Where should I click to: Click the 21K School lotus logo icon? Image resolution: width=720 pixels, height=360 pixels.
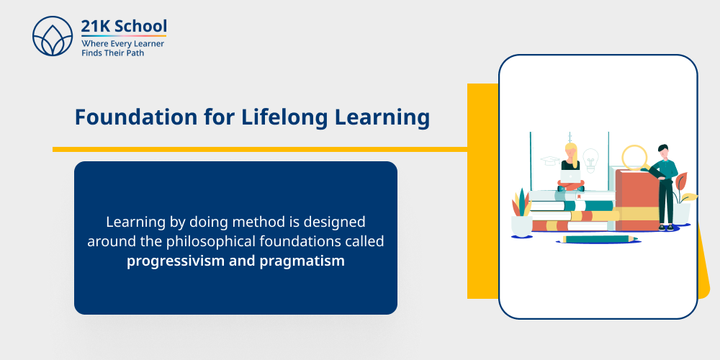53,36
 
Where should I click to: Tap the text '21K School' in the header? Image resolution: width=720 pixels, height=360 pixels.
124,26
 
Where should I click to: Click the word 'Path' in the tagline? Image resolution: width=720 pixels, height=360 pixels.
134,53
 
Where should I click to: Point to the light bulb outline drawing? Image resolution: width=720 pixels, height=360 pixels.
590,160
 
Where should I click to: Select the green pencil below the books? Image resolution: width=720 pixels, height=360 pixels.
598,239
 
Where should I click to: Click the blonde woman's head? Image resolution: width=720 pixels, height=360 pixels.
571,150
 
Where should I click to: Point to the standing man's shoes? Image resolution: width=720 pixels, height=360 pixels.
667,228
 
